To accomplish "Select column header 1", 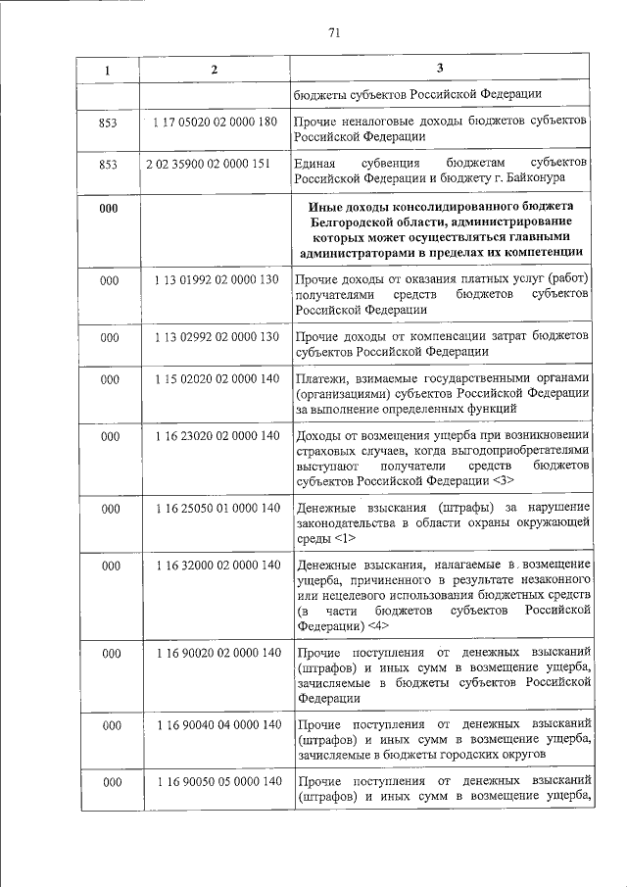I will coord(108,71).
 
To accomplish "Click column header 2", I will coord(215,70).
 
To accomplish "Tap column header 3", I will coord(440,69).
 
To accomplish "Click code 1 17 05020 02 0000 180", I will coord(217,121).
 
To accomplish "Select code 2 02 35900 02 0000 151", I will coord(216,163).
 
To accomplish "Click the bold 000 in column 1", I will coord(109,209).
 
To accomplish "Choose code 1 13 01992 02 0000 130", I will coord(217,280).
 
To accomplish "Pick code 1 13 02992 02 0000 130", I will coord(217,337).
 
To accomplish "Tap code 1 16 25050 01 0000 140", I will coord(217,508).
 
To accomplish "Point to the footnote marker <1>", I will coord(344,538).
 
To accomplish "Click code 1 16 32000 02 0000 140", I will coord(217,566).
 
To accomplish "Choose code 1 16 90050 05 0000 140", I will coord(217,781).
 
